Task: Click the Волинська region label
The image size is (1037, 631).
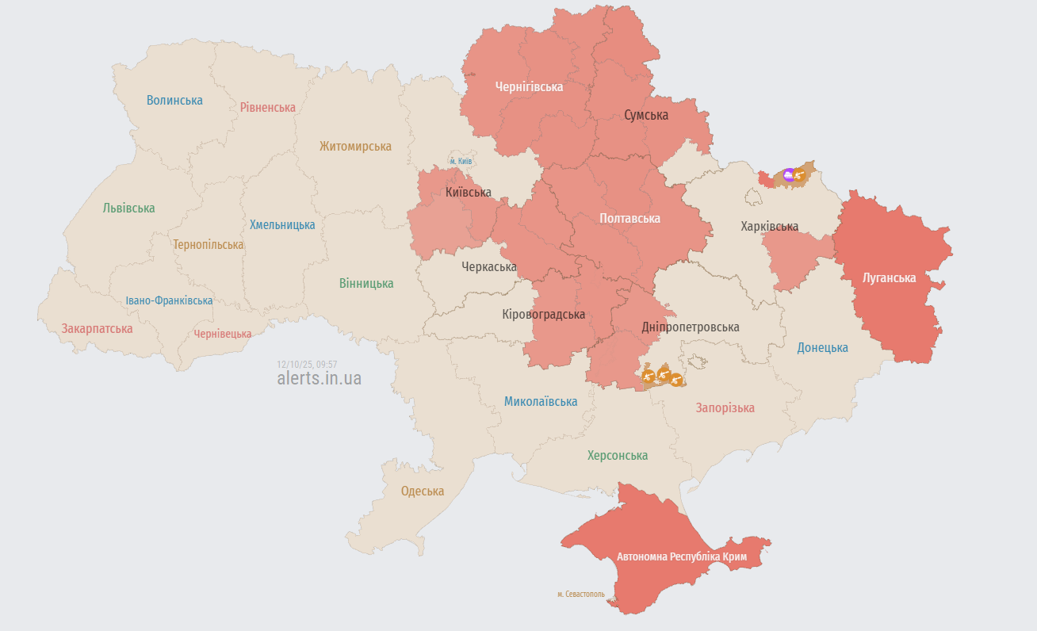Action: click(x=174, y=100)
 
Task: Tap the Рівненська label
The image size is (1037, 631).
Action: click(x=268, y=107)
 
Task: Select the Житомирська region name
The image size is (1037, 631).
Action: click(x=355, y=146)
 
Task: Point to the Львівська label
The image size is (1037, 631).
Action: click(x=128, y=208)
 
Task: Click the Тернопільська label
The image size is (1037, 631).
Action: click(x=209, y=244)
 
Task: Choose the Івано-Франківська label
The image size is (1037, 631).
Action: click(x=169, y=300)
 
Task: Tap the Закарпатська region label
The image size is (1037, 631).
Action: click(x=97, y=327)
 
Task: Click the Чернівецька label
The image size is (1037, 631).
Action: click(x=223, y=334)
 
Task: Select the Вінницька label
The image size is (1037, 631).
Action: click(x=366, y=283)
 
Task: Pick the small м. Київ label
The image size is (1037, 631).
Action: click(x=461, y=161)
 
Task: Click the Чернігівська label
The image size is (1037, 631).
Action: click(x=529, y=86)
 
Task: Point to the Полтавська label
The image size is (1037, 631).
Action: click(x=629, y=218)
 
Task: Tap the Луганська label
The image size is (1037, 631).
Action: click(x=889, y=277)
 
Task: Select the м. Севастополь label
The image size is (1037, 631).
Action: click(x=580, y=594)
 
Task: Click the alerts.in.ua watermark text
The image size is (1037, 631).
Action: click(x=319, y=378)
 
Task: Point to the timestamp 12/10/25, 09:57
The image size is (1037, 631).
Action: click(x=307, y=364)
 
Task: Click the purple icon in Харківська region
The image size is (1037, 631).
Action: click(x=788, y=174)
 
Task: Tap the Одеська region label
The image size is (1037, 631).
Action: click(x=423, y=491)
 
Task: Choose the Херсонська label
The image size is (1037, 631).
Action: click(x=617, y=455)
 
